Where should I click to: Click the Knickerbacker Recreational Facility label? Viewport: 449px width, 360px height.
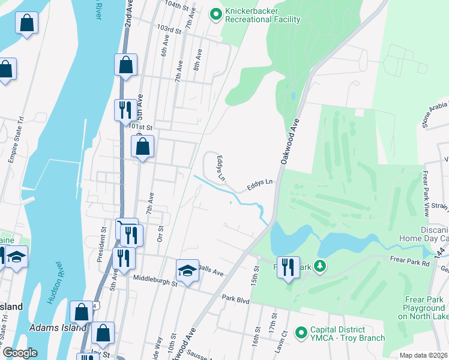(x=262, y=15)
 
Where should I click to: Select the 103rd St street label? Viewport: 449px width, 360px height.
(x=169, y=29)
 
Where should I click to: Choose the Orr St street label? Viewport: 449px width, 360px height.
(x=160, y=231)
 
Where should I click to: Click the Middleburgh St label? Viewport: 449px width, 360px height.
(x=153, y=280)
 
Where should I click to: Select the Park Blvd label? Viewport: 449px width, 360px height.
(x=235, y=298)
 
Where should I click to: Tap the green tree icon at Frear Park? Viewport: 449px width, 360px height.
(x=321, y=265)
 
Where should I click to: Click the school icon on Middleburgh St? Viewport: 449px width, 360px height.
(x=187, y=271)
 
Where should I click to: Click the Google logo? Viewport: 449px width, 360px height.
(x=19, y=353)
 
